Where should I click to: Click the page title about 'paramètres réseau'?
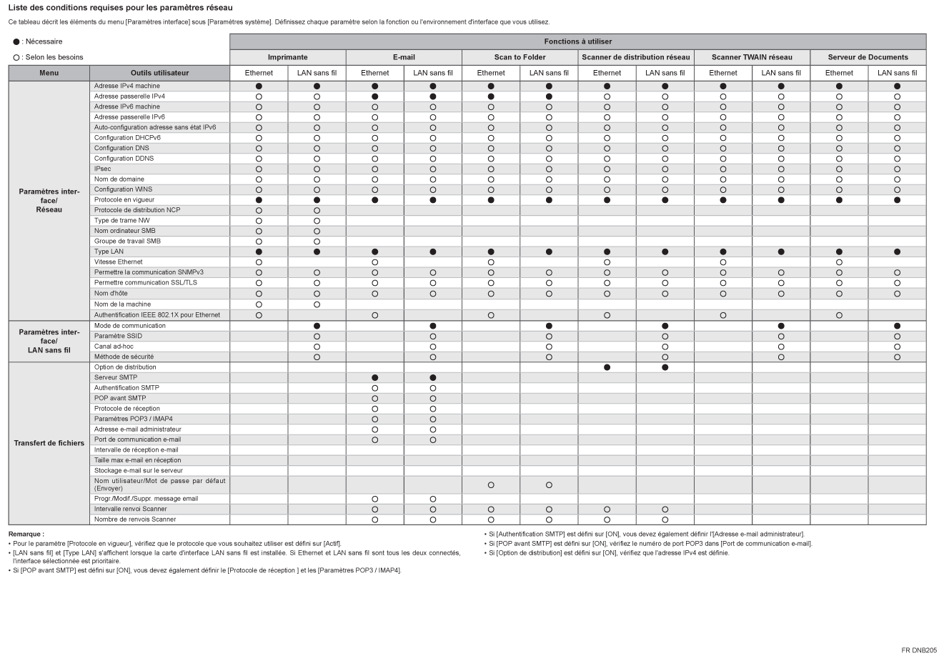pos(120,8)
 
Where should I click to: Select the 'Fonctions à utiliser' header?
pos(577,41)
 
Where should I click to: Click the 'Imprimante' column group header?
pos(287,57)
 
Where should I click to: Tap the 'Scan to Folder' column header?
pos(520,57)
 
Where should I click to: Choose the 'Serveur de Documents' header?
pos(868,57)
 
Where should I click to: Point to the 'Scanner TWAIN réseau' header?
pos(752,57)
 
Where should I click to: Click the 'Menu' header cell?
pos(49,73)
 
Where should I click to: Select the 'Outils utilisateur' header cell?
pos(159,73)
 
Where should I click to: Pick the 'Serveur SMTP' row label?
pos(116,377)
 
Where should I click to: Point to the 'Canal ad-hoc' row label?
pos(114,346)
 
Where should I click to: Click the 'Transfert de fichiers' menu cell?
pos(49,443)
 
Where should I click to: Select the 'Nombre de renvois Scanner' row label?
pos(135,520)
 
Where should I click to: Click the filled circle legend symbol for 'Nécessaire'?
pos(16,42)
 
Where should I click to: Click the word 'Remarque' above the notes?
pos(26,534)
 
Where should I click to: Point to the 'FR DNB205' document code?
pos(920,650)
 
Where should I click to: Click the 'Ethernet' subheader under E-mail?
pos(374,73)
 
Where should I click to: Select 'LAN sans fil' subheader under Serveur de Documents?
pos(897,73)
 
